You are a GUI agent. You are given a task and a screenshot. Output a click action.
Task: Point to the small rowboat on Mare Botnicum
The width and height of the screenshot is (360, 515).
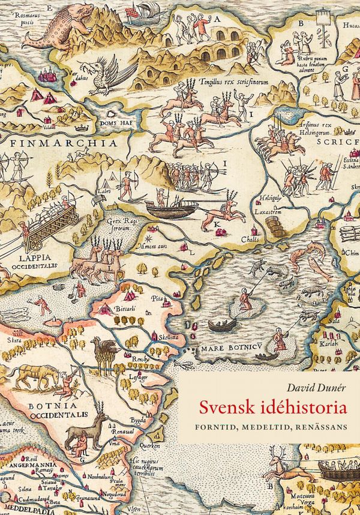tap(222, 326)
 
